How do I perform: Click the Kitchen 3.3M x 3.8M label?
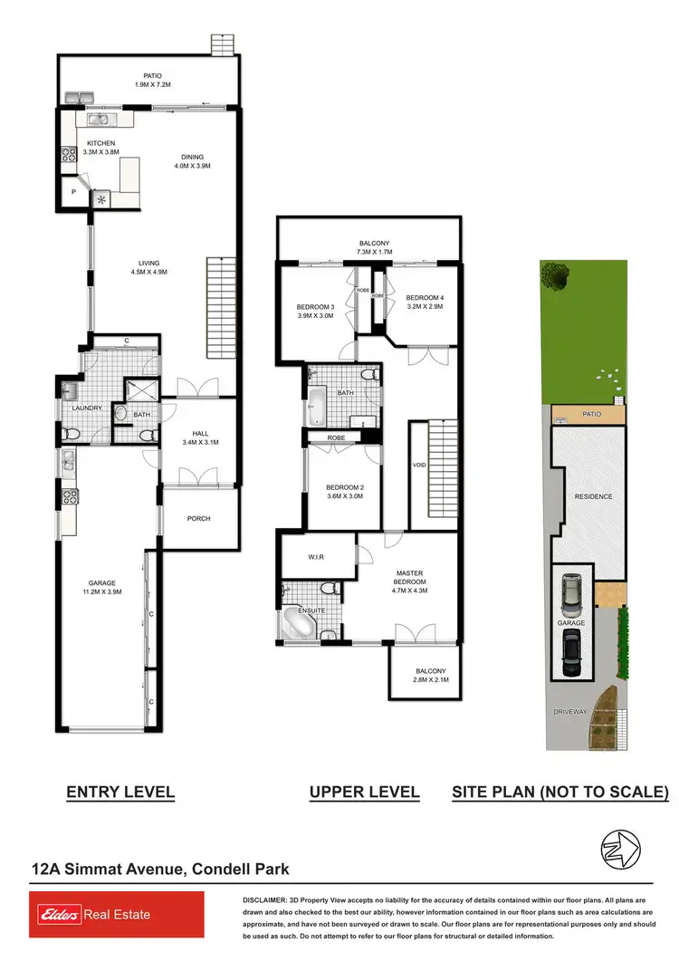100,149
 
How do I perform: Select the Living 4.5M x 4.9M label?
148,268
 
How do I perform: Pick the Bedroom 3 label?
315,312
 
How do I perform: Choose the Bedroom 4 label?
424,303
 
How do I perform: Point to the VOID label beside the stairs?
418,465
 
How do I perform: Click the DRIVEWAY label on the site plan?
570,712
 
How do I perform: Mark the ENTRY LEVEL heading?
120,793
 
